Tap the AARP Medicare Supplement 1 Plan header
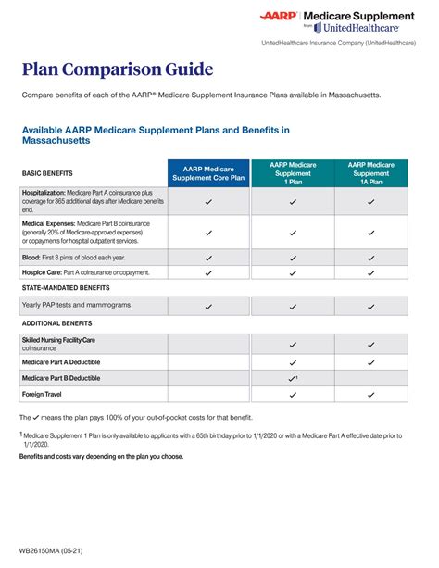292,173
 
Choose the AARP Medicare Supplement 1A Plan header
370,173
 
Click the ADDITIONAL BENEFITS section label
58,322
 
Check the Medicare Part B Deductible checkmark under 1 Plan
292,378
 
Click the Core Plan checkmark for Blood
208,258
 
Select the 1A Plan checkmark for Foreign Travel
370,394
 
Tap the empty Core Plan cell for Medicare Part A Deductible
208,361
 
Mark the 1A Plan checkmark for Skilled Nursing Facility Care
370,343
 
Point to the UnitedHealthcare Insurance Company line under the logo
337,44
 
